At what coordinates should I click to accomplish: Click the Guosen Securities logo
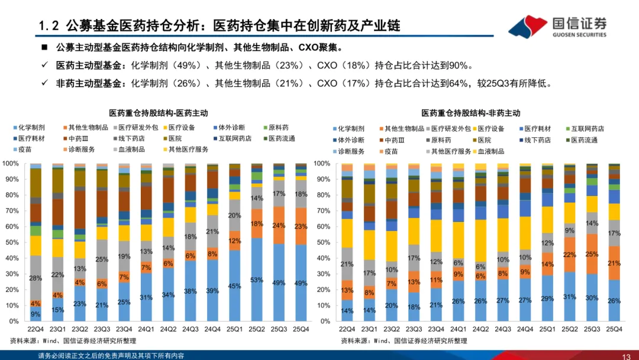click(x=557, y=26)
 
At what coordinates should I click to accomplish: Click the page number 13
click(x=626, y=356)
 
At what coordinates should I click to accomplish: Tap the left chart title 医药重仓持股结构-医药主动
click(x=159, y=112)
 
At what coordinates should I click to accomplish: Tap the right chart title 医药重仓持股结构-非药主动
click(x=471, y=112)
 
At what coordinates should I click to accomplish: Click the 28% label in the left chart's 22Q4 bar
click(x=35, y=278)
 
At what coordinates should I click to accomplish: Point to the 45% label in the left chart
click(x=235, y=286)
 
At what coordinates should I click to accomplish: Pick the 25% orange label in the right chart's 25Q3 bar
click(x=592, y=254)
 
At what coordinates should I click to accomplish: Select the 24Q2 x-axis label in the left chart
click(x=169, y=329)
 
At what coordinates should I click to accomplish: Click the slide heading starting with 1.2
click(x=219, y=25)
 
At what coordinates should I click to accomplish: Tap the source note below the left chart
click(x=72, y=340)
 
